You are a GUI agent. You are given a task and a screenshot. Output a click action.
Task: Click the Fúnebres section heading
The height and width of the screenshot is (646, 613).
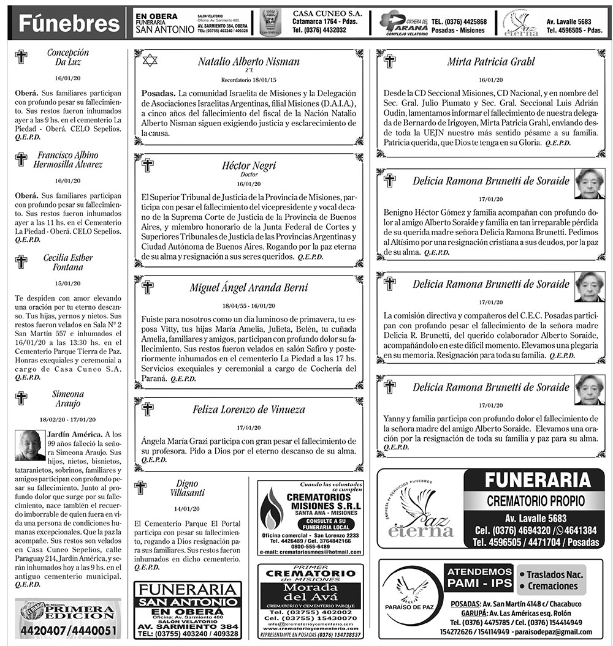69,23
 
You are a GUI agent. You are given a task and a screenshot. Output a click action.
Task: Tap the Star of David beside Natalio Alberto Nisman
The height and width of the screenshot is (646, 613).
149,60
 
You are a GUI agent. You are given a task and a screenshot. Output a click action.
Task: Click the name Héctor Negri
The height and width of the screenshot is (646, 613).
248,165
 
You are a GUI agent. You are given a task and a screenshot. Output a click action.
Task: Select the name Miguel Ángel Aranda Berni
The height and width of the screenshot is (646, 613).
248,287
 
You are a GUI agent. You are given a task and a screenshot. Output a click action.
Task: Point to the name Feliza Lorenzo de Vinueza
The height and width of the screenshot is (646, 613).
248,409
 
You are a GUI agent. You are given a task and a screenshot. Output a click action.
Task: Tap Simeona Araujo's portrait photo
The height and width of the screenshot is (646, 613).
30,445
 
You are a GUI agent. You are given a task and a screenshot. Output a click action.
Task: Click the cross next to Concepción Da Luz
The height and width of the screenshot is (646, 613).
21,57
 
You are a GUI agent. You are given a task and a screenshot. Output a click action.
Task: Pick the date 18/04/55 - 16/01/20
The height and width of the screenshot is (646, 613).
248,306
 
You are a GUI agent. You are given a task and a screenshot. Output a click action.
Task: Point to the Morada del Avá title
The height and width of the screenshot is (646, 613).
310,593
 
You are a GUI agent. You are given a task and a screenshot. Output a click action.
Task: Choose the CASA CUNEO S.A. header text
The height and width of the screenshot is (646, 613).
327,13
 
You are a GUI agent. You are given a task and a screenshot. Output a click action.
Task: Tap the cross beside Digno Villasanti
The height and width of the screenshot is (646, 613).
140,488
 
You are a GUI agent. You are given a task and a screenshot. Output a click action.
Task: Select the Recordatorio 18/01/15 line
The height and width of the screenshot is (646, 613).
248,80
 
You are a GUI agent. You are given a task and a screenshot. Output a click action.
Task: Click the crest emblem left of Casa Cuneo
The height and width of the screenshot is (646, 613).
270,23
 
